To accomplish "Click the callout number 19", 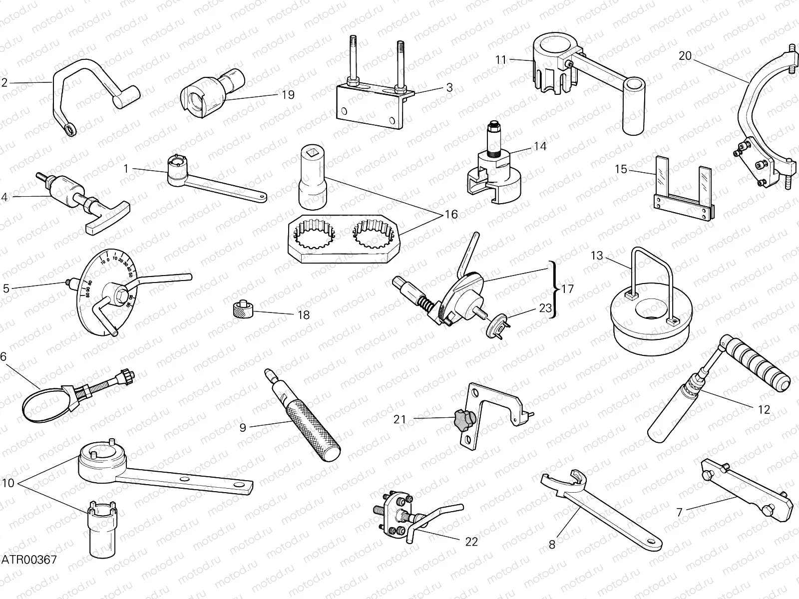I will click(288, 95).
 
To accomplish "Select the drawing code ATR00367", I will click(28, 559).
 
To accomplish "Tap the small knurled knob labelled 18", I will click(244, 310).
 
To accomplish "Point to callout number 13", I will click(597, 256).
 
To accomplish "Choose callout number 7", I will click(679, 511).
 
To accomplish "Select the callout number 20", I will click(685, 56).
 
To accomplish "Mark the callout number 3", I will click(449, 88).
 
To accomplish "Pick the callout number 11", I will click(501, 60).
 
